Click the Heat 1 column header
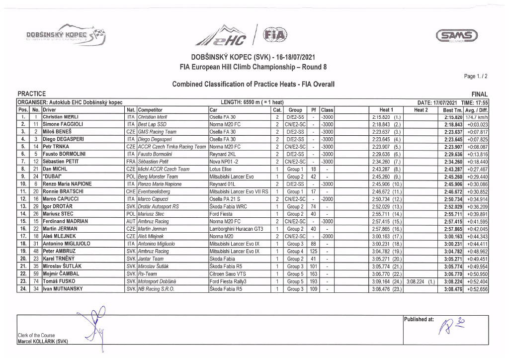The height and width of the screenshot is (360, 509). point(386,109)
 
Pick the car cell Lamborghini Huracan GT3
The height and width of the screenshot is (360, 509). point(236,229)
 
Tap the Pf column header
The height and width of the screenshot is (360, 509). point(313,109)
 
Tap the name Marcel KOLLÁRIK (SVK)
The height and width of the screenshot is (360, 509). point(42,341)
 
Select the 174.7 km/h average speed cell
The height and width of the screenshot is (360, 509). point(477,117)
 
